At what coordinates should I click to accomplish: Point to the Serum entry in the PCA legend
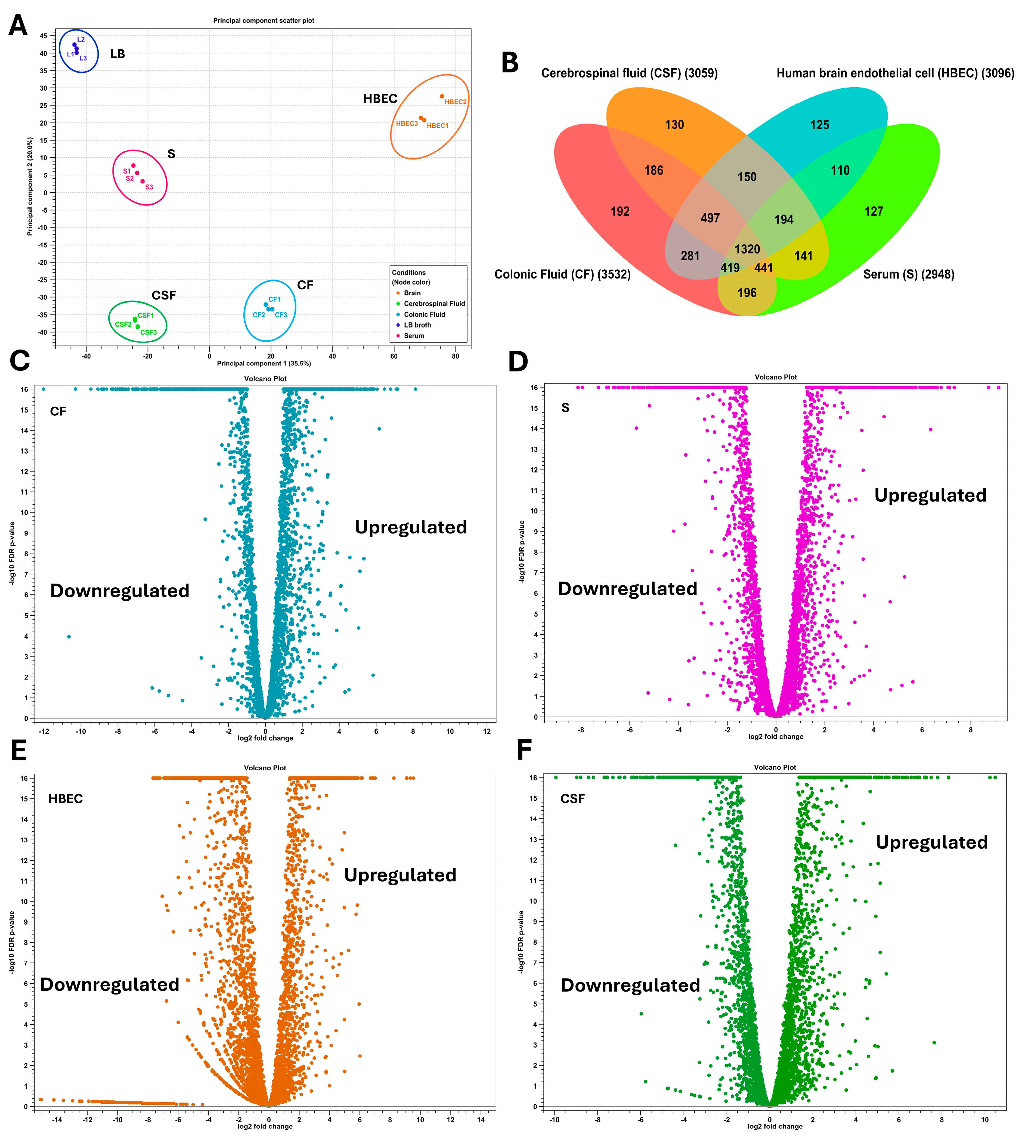[414, 336]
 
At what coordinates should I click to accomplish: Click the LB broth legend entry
[417, 325]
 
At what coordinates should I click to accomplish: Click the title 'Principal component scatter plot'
[264, 20]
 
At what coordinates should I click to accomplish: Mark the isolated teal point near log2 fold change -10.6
[69, 637]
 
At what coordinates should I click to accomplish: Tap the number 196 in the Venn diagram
[747, 292]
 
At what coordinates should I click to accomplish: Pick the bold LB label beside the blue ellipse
[118, 54]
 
